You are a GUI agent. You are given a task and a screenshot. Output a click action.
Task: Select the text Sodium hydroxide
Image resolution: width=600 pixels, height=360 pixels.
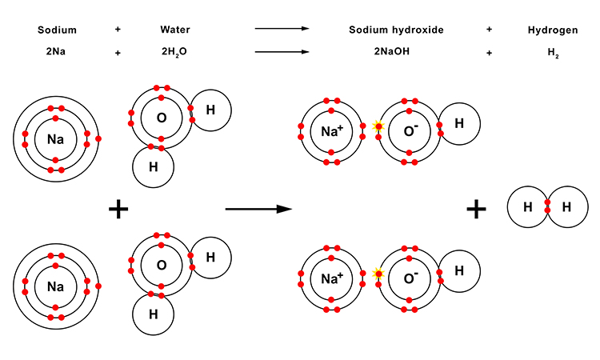pyautogui.click(x=396, y=30)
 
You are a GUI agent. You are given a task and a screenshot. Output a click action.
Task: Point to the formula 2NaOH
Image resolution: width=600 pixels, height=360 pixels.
pyautogui.click(x=396, y=52)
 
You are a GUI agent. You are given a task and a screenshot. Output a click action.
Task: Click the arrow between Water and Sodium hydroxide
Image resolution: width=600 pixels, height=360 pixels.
pyautogui.click(x=282, y=30)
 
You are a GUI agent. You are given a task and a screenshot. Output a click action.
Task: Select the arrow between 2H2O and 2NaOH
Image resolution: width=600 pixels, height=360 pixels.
pyautogui.click(x=282, y=52)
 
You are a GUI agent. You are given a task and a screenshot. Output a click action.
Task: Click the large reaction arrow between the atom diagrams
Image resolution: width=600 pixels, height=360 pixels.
pyautogui.click(x=257, y=210)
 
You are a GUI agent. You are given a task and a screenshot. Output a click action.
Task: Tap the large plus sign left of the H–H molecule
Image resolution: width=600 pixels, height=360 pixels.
pyautogui.click(x=477, y=210)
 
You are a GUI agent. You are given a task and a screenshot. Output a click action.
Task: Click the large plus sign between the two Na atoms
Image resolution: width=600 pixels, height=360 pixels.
pyautogui.click(x=118, y=210)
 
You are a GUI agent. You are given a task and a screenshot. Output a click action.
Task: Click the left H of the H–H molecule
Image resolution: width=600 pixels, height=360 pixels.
pyautogui.click(x=528, y=207)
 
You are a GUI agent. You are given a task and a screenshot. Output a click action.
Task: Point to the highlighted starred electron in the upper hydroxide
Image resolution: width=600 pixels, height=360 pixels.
pyautogui.click(x=378, y=126)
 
